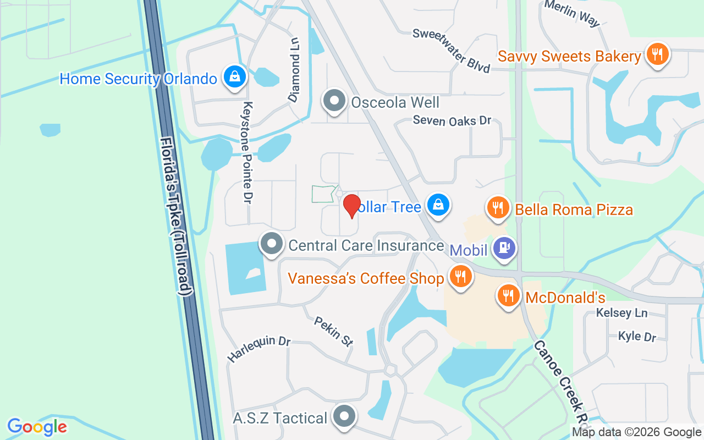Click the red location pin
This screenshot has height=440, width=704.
tap(351, 206)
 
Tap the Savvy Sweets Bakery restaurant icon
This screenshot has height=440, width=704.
tap(657, 54)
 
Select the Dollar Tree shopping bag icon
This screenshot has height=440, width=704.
tap(438, 205)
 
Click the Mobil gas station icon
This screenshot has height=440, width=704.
tap(503, 248)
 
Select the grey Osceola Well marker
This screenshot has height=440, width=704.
tap(334, 101)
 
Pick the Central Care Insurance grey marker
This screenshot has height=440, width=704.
tap(271, 244)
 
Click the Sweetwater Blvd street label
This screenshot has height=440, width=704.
tap(452, 51)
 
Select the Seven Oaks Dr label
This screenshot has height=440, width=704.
tap(452, 120)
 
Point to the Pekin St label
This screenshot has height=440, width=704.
tap(333, 331)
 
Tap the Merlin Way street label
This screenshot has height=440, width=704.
tap(572, 13)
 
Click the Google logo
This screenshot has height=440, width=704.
tap(37, 427)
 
